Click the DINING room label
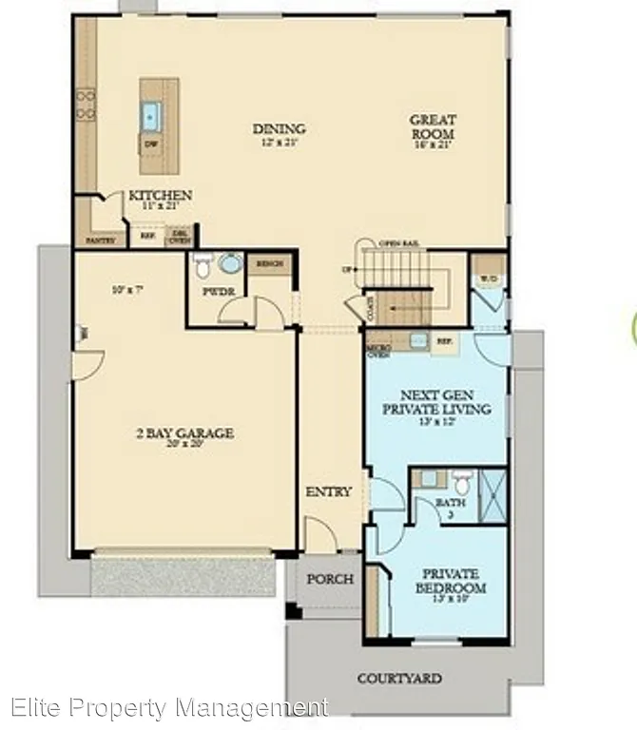tap(279, 129)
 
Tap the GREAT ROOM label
tap(433, 126)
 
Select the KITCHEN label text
tap(160, 196)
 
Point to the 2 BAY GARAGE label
tap(184, 433)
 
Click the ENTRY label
tap(329, 491)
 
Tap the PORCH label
tap(330, 579)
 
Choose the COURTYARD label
tap(399, 679)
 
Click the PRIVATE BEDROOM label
tap(451, 581)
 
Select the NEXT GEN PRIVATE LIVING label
tap(436, 402)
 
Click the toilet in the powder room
tap(203, 263)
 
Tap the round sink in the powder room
tap(230, 262)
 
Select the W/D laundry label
tap(490, 279)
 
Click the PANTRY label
tap(101, 240)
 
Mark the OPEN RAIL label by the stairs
tap(398, 244)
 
